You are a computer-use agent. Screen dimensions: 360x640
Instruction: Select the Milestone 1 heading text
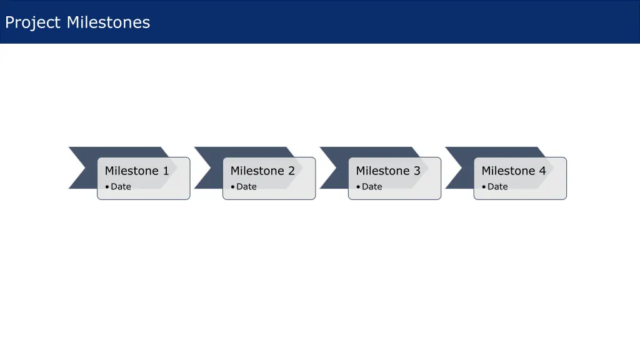[137, 171]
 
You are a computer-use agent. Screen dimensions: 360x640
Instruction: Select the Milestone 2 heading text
[262, 171]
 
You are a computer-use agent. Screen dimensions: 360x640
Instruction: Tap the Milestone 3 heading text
[388, 171]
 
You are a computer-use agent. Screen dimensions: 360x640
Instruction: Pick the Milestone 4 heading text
[514, 171]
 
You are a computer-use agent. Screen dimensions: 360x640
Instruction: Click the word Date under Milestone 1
[121, 186]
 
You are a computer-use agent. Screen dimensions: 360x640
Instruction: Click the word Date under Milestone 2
[247, 186]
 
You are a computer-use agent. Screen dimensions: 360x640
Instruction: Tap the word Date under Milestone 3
[372, 186]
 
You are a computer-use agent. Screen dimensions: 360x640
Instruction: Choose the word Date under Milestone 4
[498, 186]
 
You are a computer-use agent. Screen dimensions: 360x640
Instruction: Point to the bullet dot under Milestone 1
[107, 187]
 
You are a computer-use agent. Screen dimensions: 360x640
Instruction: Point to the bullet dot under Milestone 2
[233, 187]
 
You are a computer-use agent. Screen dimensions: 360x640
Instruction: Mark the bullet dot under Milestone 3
[359, 187]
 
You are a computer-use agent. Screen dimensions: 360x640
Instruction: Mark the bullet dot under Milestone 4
[484, 187]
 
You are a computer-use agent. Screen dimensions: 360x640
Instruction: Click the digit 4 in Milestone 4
[542, 171]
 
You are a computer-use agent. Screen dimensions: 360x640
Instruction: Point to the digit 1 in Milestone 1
[166, 171]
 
